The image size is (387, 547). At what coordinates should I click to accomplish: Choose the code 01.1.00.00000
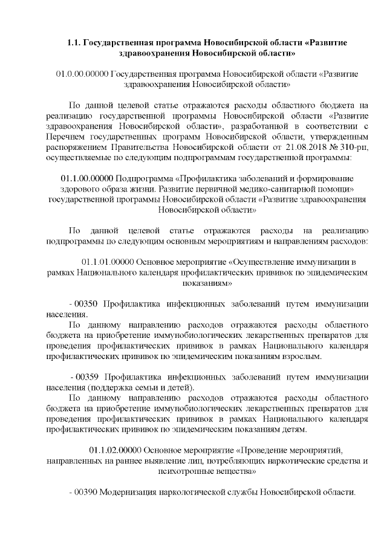87,179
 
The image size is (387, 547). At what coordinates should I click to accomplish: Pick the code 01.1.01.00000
107,262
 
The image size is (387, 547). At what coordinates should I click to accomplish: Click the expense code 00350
86,303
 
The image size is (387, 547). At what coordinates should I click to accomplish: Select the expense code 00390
86,492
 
